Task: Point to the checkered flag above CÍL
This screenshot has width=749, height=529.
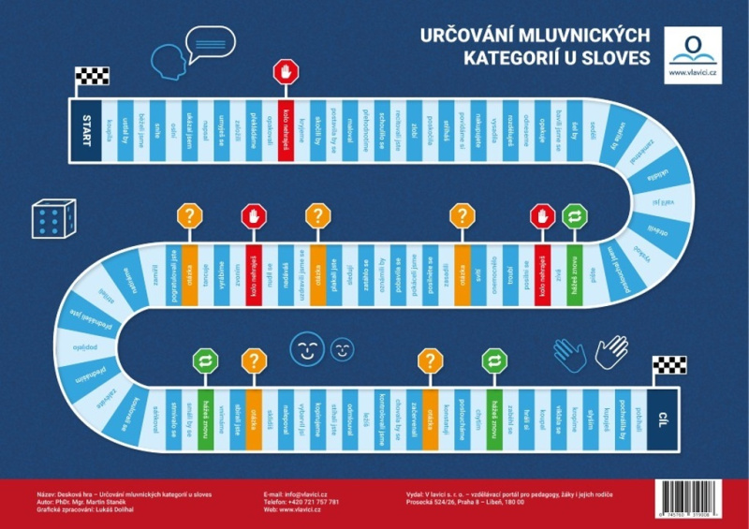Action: click(663, 365)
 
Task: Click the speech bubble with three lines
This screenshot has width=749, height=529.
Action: click(211, 42)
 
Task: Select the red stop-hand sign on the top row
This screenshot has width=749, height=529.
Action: click(286, 71)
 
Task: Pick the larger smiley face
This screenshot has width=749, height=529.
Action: click(305, 348)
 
